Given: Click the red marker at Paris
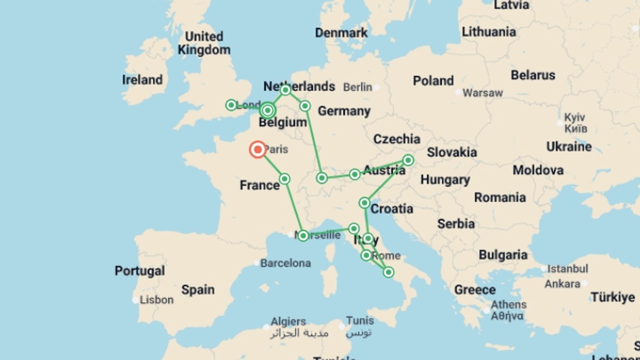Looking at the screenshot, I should coord(258,150).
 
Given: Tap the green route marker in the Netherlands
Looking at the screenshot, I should coord(285,90).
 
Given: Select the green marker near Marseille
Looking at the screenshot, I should coord(303,236).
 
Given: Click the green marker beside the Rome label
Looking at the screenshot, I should coord(366,256).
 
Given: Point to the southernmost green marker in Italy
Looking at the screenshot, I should coord(388,272).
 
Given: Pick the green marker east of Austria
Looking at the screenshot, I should coord(408,160).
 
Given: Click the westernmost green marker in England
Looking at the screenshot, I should coord(231,105).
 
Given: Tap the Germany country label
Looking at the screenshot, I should coord(344,111).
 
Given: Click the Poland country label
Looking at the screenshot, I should coord(433,81).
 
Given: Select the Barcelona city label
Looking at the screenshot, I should coord(285,263).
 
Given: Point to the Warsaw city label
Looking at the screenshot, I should coord(482,93).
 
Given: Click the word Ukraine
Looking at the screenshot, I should coord(569,147).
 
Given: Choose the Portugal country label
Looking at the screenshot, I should coord(140,271).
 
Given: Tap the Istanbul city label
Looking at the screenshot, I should coord(568,269).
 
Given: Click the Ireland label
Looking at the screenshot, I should coord(142,80).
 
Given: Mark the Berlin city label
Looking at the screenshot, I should coord(358,87).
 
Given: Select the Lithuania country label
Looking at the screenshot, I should coord(489,32).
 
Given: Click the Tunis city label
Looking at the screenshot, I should coord(360,321).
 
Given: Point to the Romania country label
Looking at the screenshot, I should coord(500,197).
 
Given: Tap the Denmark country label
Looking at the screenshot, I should coord(341,33).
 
